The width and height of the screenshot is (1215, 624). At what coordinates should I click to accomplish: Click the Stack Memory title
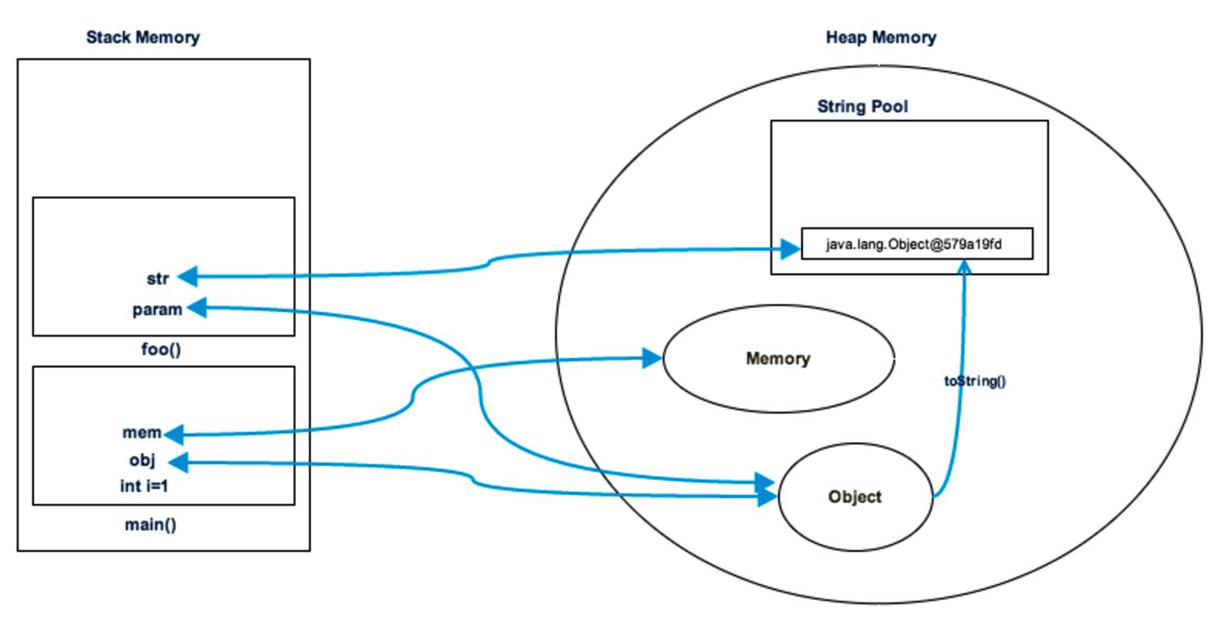pyautogui.click(x=143, y=37)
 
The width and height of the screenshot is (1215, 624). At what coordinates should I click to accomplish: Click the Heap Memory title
pyautogui.click(x=880, y=37)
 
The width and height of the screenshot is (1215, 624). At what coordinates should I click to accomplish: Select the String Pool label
pyautogui.click(x=862, y=106)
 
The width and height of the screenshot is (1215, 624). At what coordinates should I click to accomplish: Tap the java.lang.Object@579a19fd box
pyautogui.click(x=917, y=244)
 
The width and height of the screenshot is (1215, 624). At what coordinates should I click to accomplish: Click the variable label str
pyautogui.click(x=158, y=278)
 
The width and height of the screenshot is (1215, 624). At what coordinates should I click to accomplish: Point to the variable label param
pyautogui.click(x=157, y=310)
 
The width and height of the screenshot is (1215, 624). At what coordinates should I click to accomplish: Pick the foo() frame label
pyautogui.click(x=161, y=350)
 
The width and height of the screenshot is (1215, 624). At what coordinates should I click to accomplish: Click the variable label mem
pyautogui.click(x=142, y=433)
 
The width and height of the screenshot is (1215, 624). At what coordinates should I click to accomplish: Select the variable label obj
pyautogui.click(x=142, y=460)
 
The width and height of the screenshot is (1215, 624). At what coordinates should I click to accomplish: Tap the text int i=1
pyautogui.click(x=144, y=486)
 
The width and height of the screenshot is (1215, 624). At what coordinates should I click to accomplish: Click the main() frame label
pyautogui.click(x=151, y=525)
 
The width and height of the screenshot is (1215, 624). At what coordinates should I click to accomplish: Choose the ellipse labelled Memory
pyautogui.click(x=778, y=359)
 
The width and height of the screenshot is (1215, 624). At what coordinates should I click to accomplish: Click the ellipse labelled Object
pyautogui.click(x=855, y=497)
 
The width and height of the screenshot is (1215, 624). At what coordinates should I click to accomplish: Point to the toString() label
pyautogui.click(x=974, y=381)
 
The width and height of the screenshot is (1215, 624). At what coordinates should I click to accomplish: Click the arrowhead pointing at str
pyautogui.click(x=188, y=277)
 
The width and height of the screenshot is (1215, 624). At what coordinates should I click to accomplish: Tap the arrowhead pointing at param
pyautogui.click(x=197, y=308)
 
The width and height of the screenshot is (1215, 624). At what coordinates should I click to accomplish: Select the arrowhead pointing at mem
pyautogui.click(x=174, y=434)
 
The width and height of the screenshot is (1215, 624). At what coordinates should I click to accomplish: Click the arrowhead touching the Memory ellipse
pyautogui.click(x=652, y=357)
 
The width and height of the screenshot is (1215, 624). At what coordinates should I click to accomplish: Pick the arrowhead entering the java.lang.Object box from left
pyautogui.click(x=791, y=249)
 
